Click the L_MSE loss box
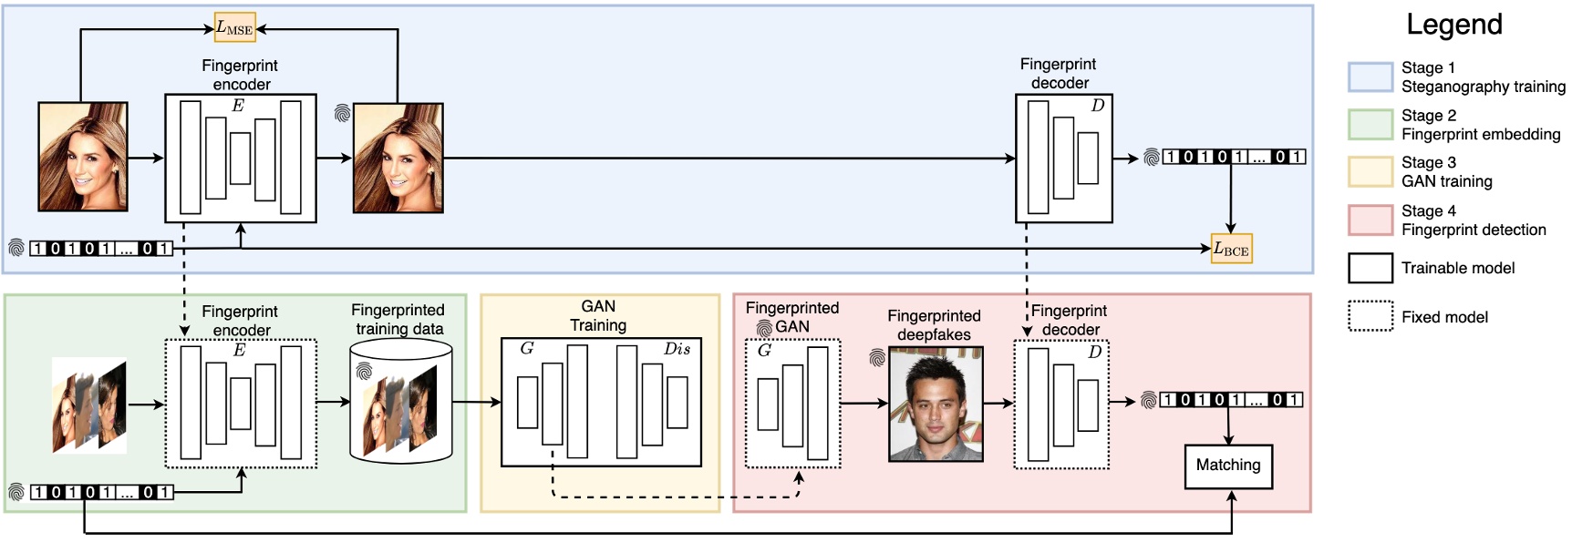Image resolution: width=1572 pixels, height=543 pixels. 234,27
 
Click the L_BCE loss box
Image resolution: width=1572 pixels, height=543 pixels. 1231,249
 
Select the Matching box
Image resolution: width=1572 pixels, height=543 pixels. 1228,466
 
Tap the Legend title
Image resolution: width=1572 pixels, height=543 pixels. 1453,25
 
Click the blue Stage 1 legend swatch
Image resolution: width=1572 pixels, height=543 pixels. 1370,77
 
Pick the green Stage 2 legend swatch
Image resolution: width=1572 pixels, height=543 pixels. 1370,124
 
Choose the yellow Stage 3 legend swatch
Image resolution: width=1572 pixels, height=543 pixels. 1370,171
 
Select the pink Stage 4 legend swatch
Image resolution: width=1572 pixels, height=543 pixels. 1370,220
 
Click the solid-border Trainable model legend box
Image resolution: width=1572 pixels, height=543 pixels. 1370,268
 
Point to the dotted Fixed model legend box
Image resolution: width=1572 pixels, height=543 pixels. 1370,316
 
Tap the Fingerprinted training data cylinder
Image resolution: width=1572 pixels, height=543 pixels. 401,401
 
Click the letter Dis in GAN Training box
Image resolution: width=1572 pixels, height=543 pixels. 677,349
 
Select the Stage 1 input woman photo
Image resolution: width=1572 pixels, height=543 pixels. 83,157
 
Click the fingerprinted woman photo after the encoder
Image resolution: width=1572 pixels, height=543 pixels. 398,158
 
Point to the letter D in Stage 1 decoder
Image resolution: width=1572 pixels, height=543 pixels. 1097,106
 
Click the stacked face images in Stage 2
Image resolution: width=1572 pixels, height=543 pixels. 89,405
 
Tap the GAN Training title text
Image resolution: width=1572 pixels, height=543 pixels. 598,315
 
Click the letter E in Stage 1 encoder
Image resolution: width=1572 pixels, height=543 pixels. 238,106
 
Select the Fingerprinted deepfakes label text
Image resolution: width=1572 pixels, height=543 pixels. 934,325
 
